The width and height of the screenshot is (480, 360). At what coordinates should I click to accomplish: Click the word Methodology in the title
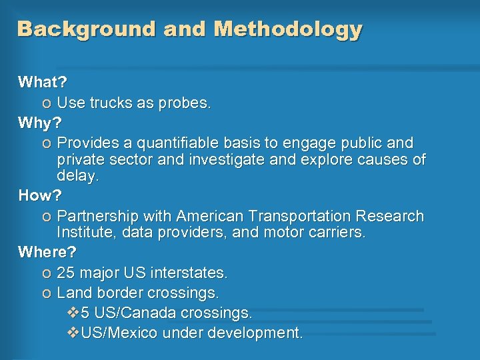288,29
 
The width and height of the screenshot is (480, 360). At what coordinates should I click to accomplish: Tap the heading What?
43,83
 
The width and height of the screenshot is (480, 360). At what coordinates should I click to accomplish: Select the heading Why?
39,123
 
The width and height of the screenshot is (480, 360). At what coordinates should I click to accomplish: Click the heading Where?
47,253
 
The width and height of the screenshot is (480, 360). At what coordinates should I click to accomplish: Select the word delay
77,176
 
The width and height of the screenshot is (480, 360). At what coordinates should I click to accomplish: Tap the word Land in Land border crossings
73,293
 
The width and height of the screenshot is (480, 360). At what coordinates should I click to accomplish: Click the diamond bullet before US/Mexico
73,333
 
